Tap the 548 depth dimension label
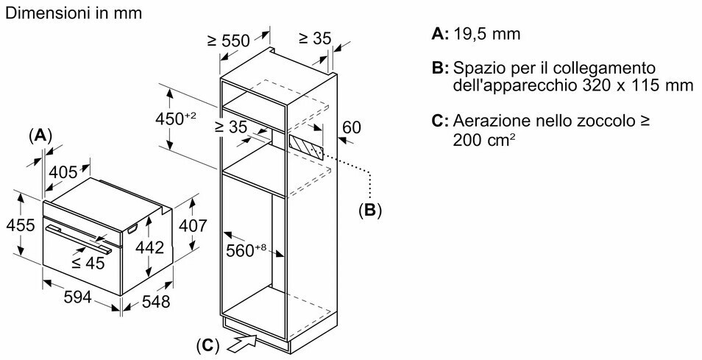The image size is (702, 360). (155, 301)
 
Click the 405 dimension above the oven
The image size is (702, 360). (63, 172)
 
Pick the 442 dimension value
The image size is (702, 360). (150, 249)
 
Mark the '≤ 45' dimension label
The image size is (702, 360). (88, 263)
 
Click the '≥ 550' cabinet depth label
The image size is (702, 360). (228, 41)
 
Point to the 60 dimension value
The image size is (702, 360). (352, 127)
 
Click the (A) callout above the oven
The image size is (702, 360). (41, 135)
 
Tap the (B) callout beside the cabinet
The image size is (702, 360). (369, 211)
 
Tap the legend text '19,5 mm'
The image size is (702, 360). (487, 33)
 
